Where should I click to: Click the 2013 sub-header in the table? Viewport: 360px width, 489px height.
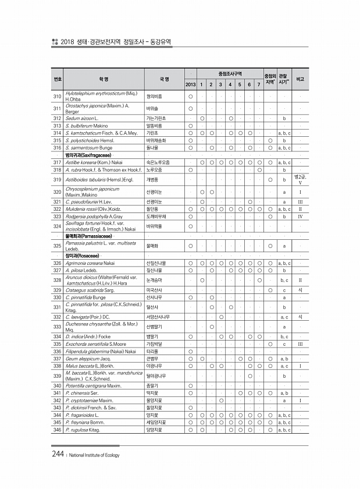click(190, 85)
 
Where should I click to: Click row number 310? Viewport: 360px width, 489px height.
click(57, 96)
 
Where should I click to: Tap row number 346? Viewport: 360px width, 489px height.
click(57, 430)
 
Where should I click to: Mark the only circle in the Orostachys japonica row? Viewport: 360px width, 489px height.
click(190, 108)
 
